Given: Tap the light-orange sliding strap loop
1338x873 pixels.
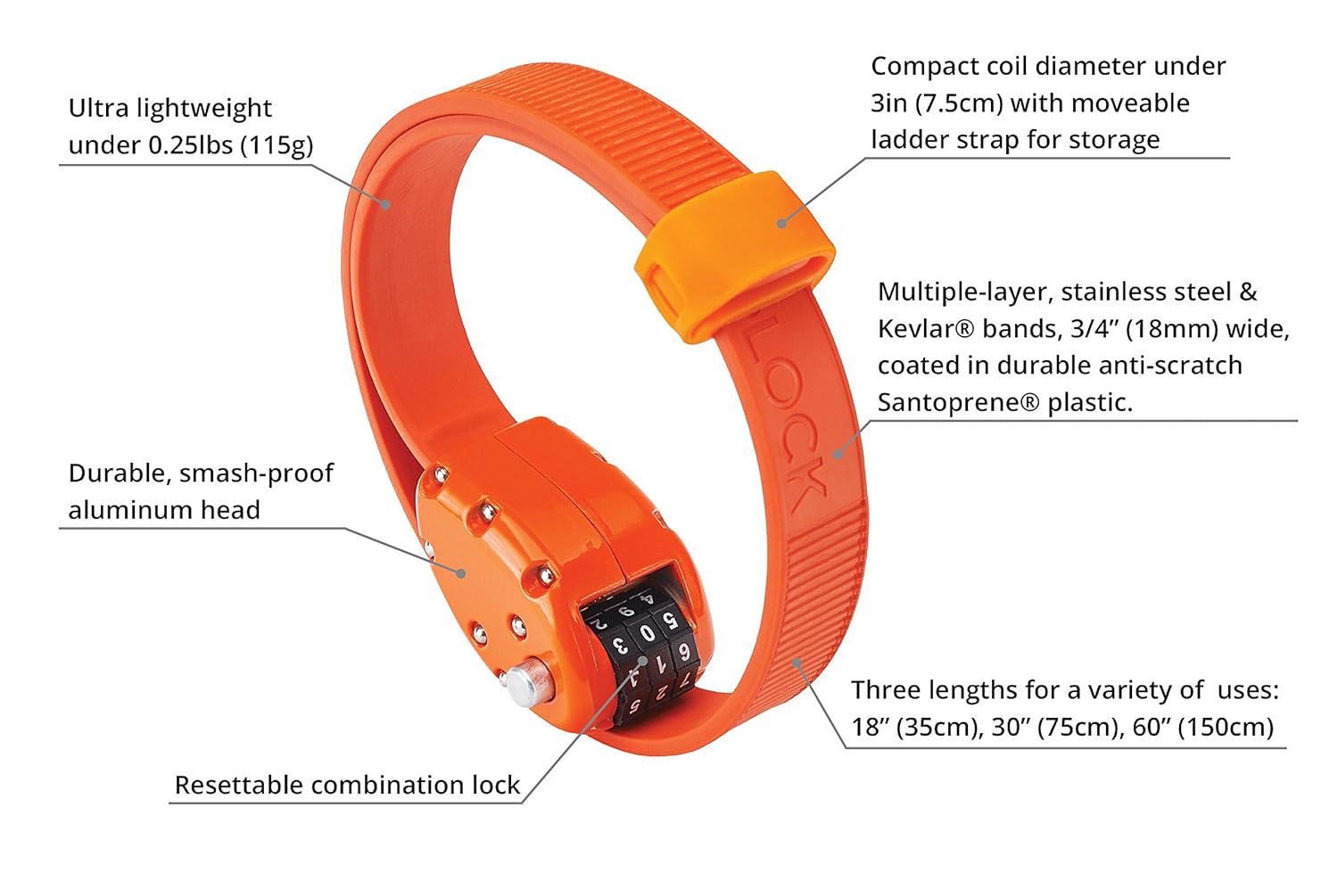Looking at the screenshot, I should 736,259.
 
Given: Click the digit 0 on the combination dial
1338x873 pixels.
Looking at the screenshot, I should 648,634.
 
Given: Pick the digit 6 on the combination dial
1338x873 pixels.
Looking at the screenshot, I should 683,650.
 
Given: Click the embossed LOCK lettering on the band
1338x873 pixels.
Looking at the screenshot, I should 783,419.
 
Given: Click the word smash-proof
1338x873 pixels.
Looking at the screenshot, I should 256,473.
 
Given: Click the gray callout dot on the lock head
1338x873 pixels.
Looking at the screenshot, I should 461,572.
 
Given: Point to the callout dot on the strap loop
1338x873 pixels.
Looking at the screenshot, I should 782,222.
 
